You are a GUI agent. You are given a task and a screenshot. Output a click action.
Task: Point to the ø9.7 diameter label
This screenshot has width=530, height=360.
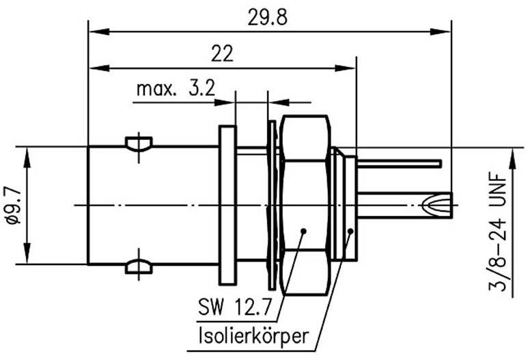point(12,204)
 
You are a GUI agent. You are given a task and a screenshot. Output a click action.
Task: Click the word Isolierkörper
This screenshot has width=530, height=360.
point(252,335)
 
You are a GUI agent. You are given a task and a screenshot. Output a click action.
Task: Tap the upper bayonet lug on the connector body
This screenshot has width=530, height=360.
point(139,144)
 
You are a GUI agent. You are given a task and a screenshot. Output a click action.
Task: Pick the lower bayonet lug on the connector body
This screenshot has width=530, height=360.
point(139,265)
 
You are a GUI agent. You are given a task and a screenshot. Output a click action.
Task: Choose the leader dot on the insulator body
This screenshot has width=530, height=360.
point(351,232)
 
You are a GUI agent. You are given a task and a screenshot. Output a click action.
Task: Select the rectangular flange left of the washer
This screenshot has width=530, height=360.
point(226,205)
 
